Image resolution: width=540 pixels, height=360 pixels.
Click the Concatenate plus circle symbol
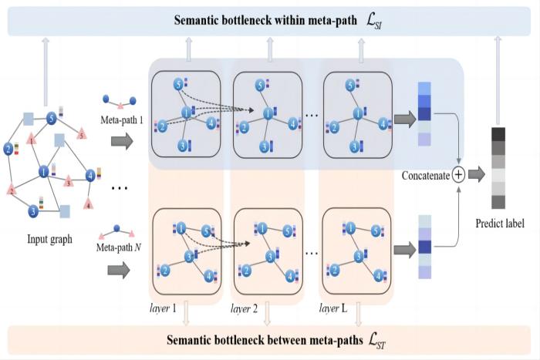[x=458, y=175]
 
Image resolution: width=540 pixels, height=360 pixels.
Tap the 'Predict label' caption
[x=501, y=224]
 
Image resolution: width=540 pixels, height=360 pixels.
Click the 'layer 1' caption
[x=164, y=308]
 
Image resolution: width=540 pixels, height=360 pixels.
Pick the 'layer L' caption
[x=333, y=308]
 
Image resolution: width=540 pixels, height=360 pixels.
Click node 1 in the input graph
[x=44, y=171]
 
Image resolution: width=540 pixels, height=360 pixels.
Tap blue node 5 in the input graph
[x=51, y=119]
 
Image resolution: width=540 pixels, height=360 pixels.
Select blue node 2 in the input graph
[x=8, y=148]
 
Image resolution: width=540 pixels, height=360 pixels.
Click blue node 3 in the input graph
[x=34, y=210]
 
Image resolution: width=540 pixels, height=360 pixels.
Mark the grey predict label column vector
[x=498, y=168]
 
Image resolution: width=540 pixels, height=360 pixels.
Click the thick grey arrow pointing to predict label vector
[x=478, y=175]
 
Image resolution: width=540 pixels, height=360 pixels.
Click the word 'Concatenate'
[x=425, y=176]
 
